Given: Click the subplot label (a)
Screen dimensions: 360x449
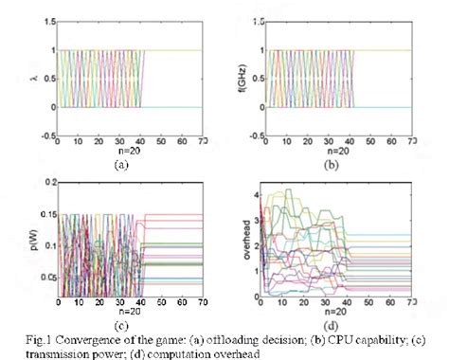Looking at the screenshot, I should tap(119, 163).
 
